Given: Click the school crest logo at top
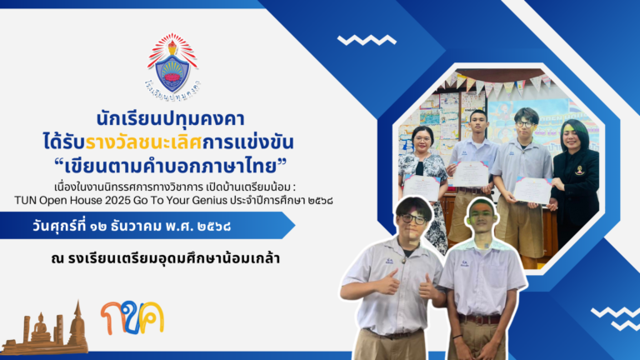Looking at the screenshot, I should coord(172,67).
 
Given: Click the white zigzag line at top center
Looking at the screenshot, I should coord(367,39).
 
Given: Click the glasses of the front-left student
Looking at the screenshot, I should coord(412,218).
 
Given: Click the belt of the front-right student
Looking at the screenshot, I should coord(481,318).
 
